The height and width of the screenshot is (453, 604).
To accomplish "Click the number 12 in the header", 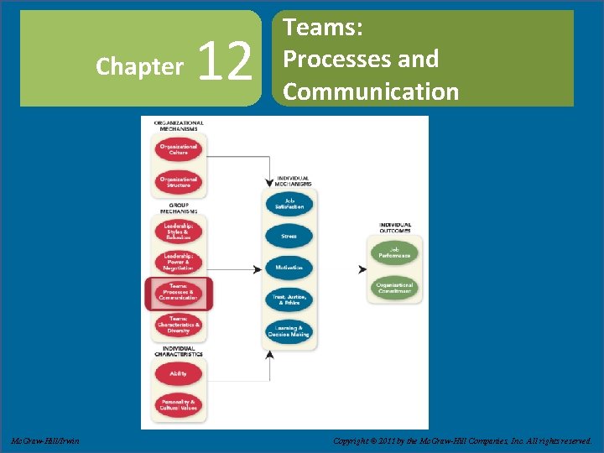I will (227, 63).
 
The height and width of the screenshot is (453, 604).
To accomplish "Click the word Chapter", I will (140, 65).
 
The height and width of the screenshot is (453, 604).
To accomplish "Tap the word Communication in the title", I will (371, 91).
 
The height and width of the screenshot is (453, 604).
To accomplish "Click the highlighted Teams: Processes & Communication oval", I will (178, 293).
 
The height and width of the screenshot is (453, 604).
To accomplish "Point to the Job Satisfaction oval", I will (289, 204).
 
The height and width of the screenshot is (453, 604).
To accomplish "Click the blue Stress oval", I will (289, 236).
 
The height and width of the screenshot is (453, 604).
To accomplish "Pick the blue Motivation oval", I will (289, 268).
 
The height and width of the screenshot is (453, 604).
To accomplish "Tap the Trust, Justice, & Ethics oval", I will (289, 299).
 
